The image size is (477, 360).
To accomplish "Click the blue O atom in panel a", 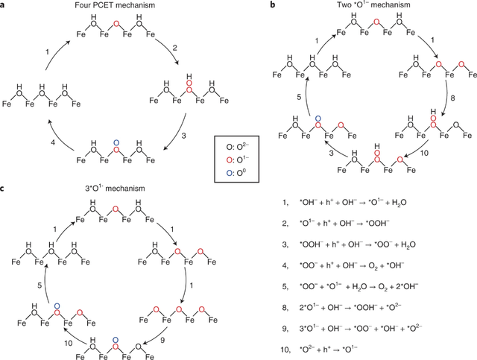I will pyautogui.click(x=114, y=142).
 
